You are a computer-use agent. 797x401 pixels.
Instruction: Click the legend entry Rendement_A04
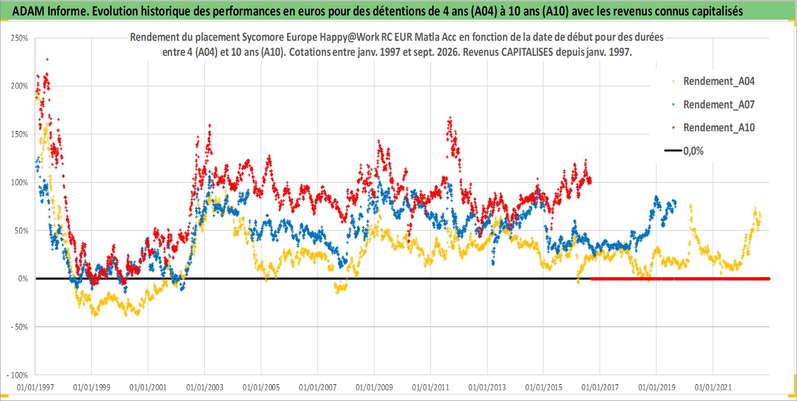click(x=719, y=82)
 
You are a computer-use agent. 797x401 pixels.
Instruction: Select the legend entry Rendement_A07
click(x=719, y=105)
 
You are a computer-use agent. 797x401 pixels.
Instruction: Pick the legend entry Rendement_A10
click(x=719, y=128)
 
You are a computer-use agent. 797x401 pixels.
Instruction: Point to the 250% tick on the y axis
click(x=19, y=38)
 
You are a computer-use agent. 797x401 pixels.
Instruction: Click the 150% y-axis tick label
click(x=19, y=135)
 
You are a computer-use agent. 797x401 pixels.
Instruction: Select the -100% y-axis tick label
click(x=17, y=375)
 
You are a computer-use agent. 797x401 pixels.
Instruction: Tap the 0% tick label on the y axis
click(x=23, y=279)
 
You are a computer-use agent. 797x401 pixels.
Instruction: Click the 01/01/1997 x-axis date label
click(x=35, y=387)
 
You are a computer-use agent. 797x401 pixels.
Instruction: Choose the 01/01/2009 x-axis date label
click(x=374, y=387)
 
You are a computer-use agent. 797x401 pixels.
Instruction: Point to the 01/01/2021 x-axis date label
click(x=713, y=387)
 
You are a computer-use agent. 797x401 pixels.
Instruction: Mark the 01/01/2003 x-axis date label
click(x=205, y=387)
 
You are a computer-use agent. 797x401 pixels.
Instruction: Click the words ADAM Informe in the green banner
click(x=50, y=11)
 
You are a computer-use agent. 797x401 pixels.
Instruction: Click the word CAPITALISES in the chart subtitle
click(x=527, y=52)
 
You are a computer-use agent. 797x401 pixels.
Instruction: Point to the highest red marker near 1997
click(x=47, y=60)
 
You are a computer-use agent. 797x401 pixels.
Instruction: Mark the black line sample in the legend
click(x=673, y=151)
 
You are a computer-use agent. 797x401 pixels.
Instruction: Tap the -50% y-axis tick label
click(x=19, y=327)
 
